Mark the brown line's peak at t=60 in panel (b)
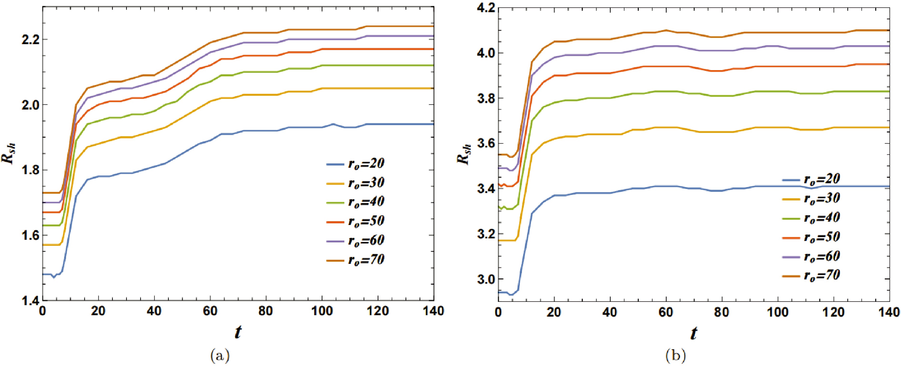click(x=666, y=30)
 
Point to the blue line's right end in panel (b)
click(x=889, y=186)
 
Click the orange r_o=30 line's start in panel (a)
click(x=43, y=245)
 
